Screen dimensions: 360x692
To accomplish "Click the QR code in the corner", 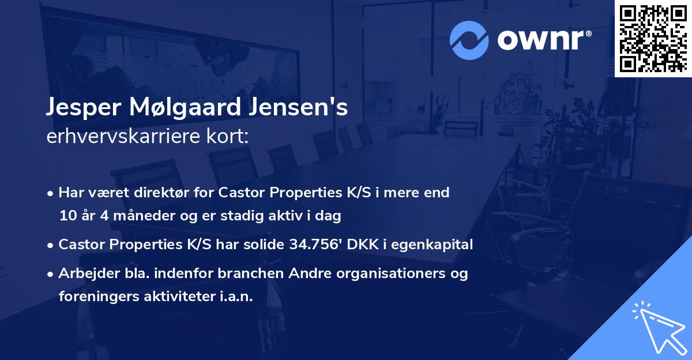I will pyautogui.click(x=653, y=38).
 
